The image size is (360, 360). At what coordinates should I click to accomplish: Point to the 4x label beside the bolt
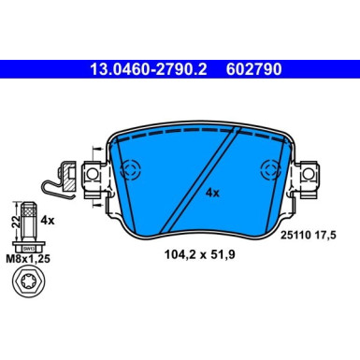50,222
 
